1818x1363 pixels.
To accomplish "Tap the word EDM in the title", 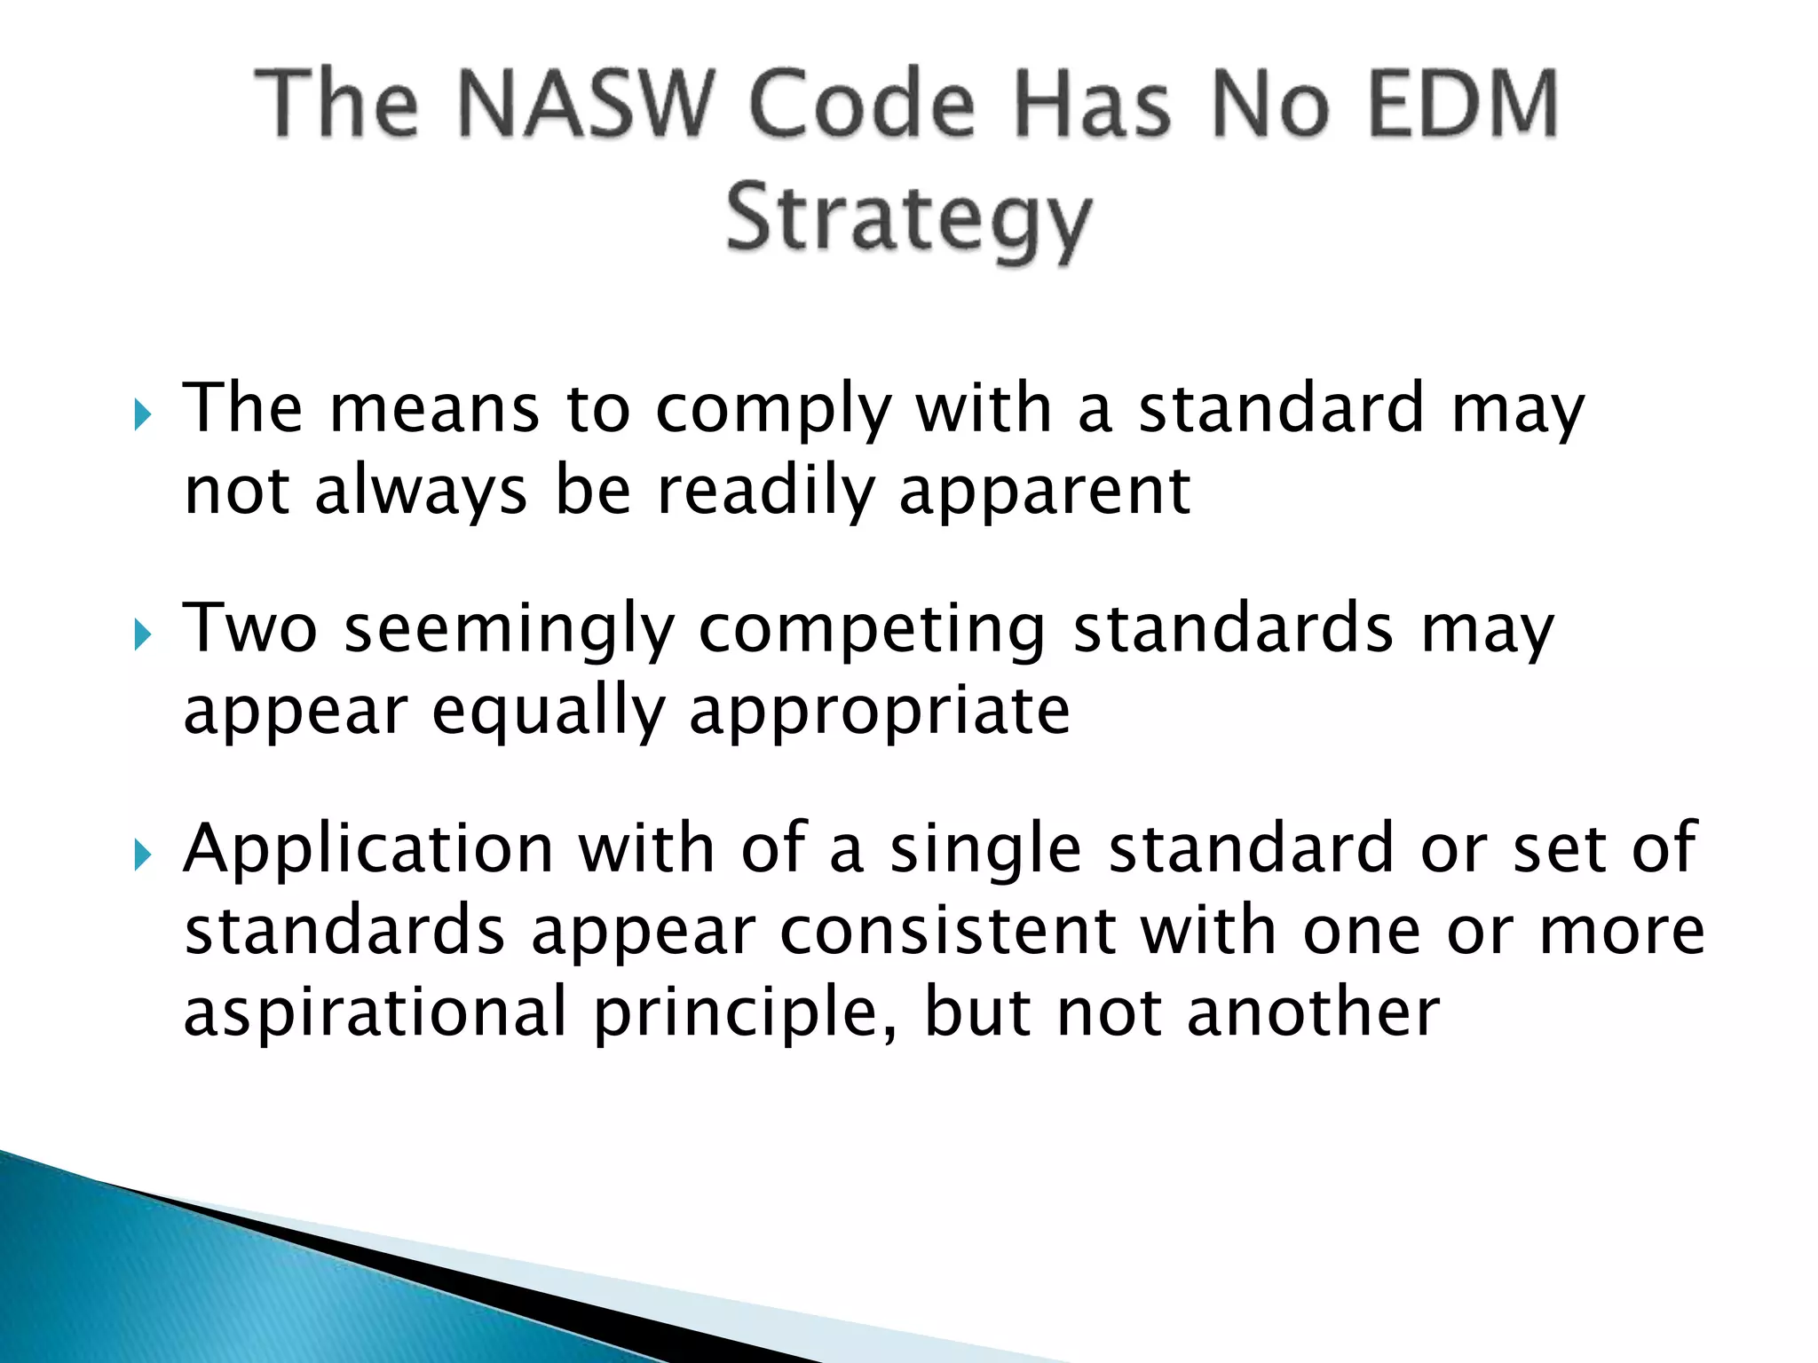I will tap(1462, 104).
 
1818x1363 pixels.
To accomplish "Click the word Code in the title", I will tap(862, 104).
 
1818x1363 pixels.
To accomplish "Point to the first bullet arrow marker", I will tap(143, 414).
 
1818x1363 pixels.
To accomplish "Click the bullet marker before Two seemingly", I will tap(143, 634).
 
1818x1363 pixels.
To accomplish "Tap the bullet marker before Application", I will tap(143, 855).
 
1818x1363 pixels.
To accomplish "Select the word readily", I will tap(765, 493).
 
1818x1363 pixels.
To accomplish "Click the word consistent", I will tap(948, 932).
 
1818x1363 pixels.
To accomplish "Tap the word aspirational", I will tap(375, 1014).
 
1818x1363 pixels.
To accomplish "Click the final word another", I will tap(1313, 1014).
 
